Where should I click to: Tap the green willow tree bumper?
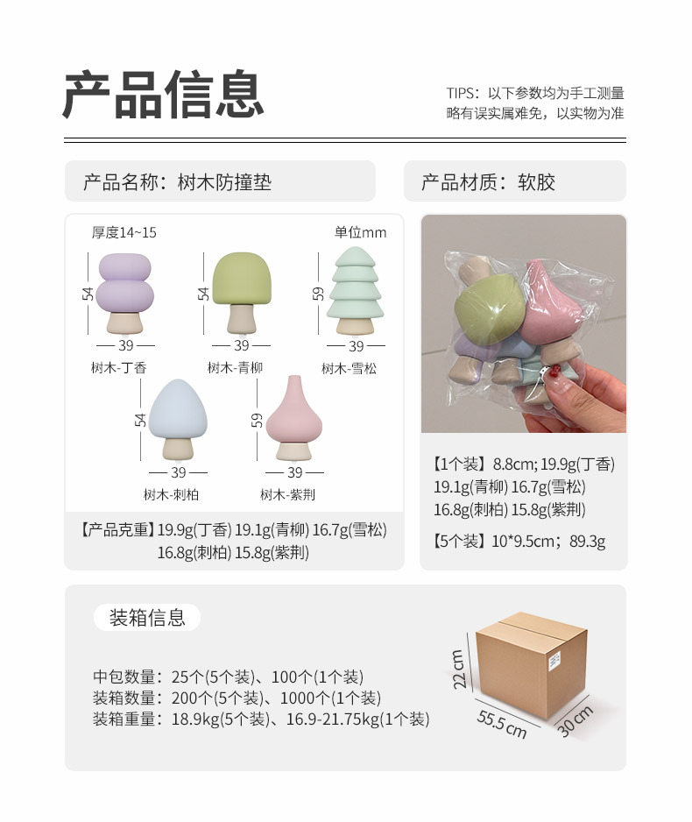tap(242, 293)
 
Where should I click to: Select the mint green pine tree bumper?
tap(356, 292)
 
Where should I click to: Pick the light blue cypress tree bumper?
tap(178, 420)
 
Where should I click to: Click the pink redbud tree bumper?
tap(293, 418)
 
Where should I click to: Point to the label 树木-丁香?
tap(119, 368)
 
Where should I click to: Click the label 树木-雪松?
tap(349, 369)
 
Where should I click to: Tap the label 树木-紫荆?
tap(287, 494)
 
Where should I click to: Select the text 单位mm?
tap(360, 232)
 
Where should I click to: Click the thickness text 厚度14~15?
tap(124, 232)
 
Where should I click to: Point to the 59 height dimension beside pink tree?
tap(257, 420)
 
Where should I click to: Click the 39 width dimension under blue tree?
tap(178, 472)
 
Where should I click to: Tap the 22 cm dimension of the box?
tap(458, 669)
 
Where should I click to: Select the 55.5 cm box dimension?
tap(502, 724)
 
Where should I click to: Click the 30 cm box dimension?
tap(575, 721)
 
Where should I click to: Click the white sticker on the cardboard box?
tap(554, 661)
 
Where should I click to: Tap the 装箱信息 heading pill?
tap(147, 618)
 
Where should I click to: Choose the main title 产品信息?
tap(163, 95)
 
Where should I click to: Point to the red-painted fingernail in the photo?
tap(551, 374)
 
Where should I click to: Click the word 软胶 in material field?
tap(536, 182)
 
